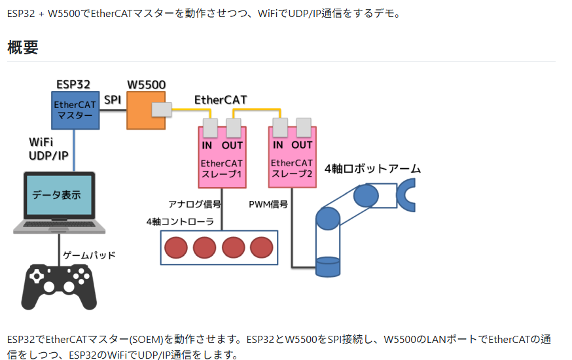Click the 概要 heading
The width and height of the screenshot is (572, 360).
tap(23, 47)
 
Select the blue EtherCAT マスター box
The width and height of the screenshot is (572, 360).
tap(75, 110)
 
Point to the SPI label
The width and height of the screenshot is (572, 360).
tap(113, 99)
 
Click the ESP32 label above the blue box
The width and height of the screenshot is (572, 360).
tap(73, 84)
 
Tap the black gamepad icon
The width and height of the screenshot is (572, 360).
tap(60, 286)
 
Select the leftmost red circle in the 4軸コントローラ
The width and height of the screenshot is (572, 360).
tap(176, 247)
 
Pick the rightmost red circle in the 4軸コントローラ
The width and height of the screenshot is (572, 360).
tap(262, 247)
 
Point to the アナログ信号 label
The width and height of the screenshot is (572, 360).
tap(194, 204)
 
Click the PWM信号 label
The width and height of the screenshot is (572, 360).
tap(268, 204)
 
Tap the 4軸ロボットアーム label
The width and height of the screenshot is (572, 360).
tap(373, 169)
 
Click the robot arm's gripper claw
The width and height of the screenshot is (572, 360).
tap(406, 196)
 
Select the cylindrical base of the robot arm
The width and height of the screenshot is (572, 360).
tap(327, 266)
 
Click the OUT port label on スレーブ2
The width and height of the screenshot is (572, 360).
tap(302, 145)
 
